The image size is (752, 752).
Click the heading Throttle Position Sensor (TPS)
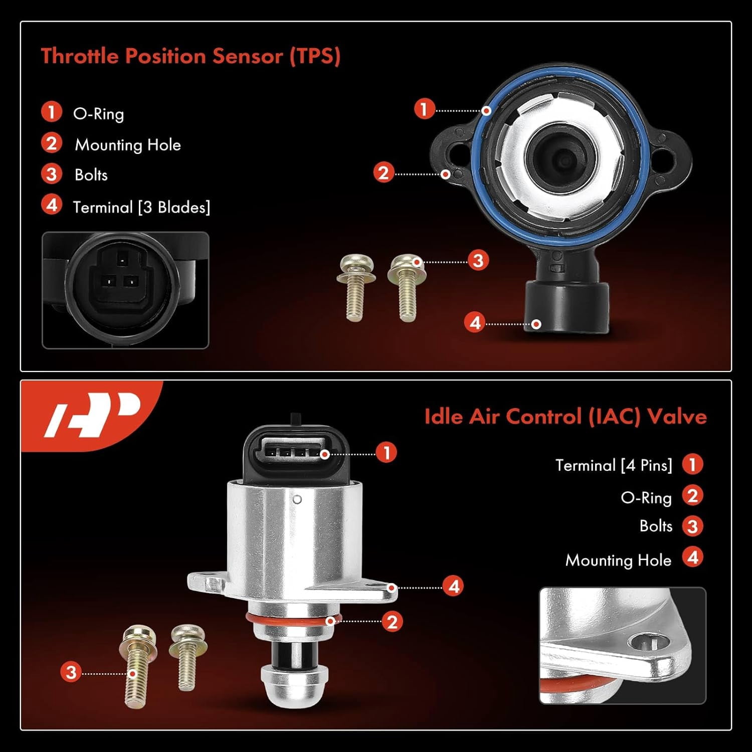click(191, 56)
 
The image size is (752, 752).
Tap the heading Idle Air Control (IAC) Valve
click(566, 417)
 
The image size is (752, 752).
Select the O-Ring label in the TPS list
click(98, 114)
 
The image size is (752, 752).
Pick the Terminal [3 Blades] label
click(142, 207)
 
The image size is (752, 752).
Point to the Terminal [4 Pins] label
click(614, 465)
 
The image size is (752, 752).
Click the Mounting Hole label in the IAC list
click(618, 560)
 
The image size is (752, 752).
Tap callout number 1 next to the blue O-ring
click(425, 109)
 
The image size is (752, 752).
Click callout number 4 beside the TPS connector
click(475, 322)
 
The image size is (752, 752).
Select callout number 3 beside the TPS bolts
click(478, 260)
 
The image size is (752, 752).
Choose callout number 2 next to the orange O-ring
click(392, 622)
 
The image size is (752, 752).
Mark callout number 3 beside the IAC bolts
click(71, 672)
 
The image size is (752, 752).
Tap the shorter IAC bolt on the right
click(187, 657)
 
